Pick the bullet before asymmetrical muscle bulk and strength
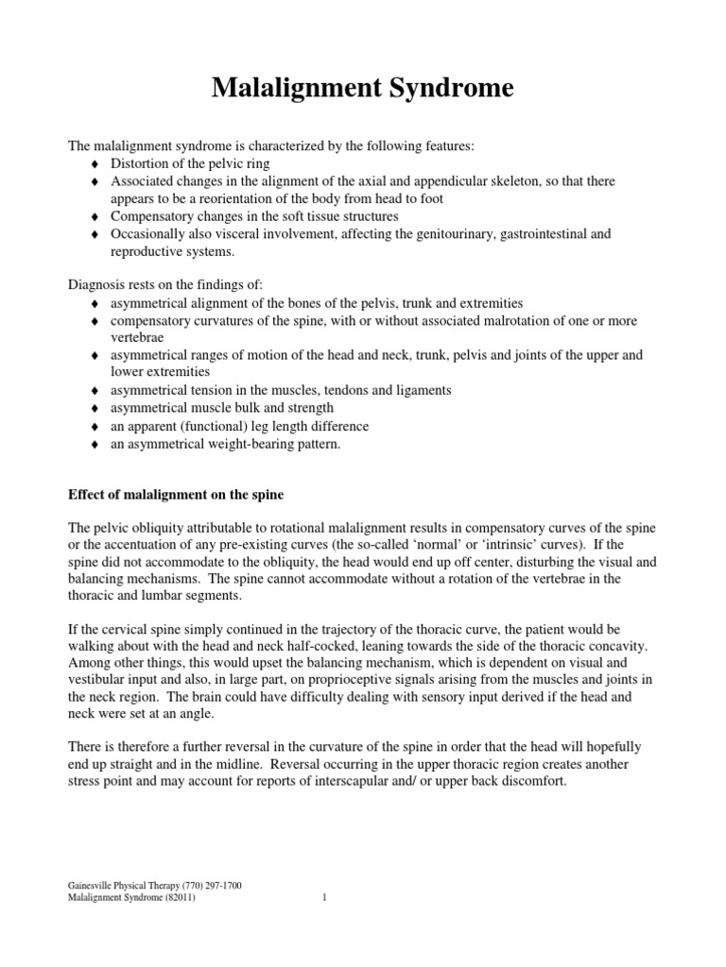(95, 408)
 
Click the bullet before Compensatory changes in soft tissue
(95, 216)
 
